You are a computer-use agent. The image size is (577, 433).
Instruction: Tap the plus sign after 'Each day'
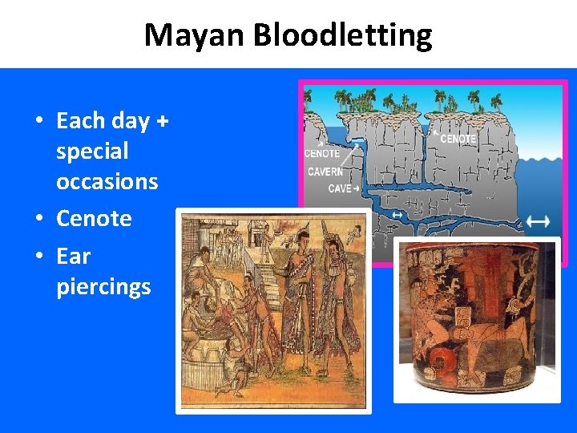tap(163, 121)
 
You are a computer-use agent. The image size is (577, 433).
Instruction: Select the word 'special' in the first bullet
tap(92, 151)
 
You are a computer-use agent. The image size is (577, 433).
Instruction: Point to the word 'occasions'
tap(107, 181)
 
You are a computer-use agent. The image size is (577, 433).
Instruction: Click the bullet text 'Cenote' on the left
tap(94, 218)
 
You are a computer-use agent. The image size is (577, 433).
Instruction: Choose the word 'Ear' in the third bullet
tap(73, 257)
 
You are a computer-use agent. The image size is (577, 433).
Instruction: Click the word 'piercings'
tap(103, 287)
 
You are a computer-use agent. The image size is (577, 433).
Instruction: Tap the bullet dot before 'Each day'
tap(38, 122)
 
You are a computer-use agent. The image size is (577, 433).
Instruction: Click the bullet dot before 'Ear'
tap(38, 257)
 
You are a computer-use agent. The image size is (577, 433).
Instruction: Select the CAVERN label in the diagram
tap(325, 172)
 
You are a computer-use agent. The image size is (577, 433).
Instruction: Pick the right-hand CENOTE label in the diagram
tap(458, 139)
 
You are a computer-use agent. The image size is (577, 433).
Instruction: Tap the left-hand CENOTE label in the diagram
tap(322, 153)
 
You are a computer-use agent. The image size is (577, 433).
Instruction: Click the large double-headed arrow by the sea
tap(538, 221)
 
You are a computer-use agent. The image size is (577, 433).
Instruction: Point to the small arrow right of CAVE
tap(356, 188)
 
